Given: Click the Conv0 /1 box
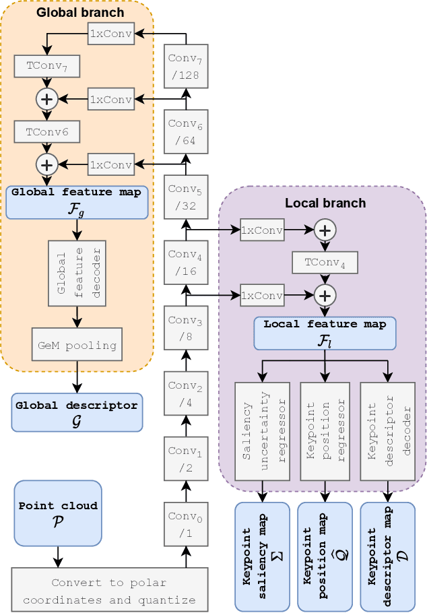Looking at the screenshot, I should [186, 525].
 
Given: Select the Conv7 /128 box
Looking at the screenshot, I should [186, 66].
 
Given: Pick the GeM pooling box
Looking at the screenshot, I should [77, 346].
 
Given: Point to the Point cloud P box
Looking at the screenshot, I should [58, 513].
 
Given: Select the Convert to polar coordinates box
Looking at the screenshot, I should [110, 590].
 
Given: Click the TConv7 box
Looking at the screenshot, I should [46, 66].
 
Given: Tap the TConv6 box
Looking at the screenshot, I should [46, 131].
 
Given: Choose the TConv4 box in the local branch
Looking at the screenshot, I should [325, 263].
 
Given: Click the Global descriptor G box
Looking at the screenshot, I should [77, 412].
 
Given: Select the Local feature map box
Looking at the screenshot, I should [325, 333].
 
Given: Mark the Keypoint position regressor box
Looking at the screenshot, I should [325, 431].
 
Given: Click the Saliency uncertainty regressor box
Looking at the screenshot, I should [262, 431].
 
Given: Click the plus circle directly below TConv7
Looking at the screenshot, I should [46, 99].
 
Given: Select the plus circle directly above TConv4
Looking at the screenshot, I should [325, 230].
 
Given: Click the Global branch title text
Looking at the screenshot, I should [80, 12].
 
